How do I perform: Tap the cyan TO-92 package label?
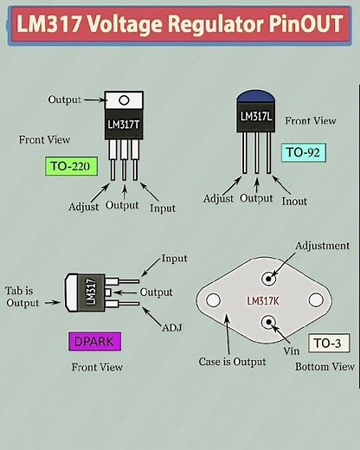305,152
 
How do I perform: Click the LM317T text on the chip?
124,124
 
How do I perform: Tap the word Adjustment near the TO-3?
323,246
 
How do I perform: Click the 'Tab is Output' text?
24,297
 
